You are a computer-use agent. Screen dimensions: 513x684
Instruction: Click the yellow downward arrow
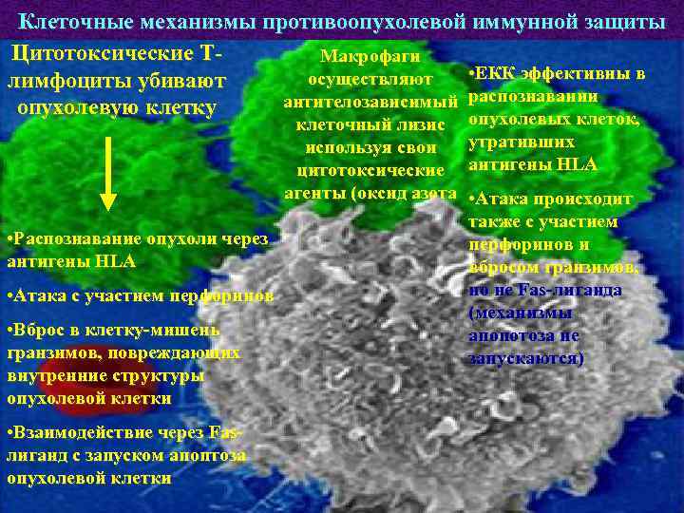[x=108, y=170]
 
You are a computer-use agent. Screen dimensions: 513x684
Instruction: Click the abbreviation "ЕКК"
[x=499, y=73]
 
